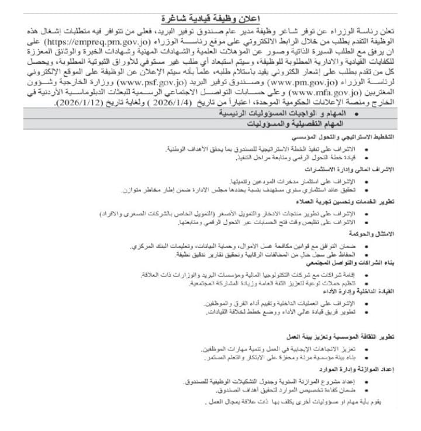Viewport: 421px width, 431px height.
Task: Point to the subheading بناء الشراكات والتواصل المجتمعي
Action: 350,263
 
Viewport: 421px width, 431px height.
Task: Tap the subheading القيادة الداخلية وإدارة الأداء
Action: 356,291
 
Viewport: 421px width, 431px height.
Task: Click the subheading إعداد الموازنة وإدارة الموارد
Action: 353,370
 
